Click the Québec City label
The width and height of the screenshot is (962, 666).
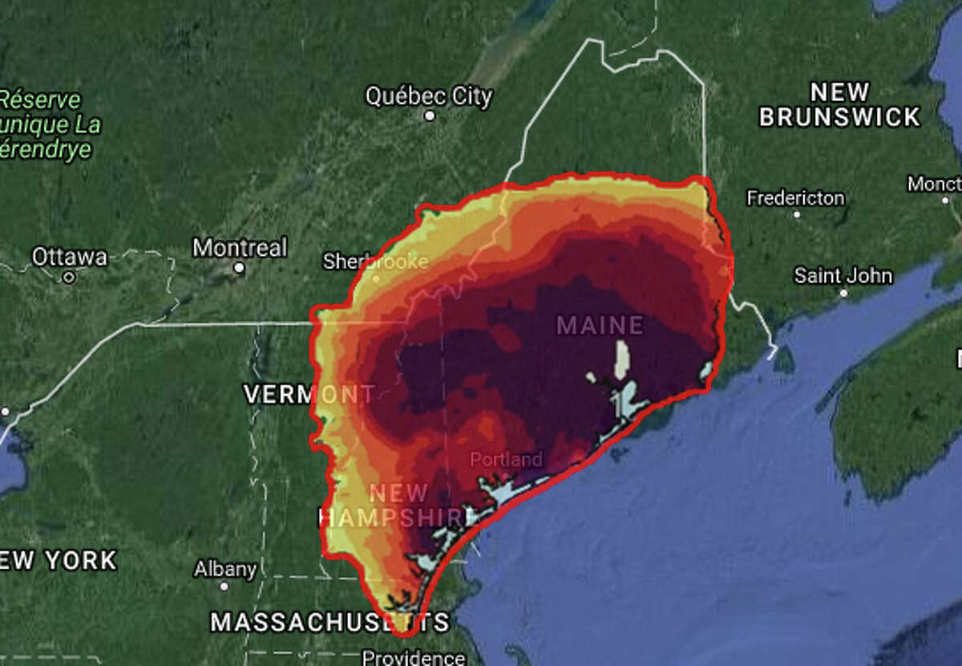429,96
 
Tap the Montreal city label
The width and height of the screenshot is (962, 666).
240,248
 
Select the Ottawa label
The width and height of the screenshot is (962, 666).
69,258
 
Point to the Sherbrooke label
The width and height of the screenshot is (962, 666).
375,262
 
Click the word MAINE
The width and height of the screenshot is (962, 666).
600,325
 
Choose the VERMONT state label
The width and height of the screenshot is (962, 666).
309,395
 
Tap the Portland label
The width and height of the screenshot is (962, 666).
506,460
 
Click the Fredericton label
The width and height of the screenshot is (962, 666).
795,197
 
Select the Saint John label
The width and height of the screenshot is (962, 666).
843,276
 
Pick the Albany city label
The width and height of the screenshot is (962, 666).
225,570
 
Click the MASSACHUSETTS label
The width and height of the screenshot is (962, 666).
329,622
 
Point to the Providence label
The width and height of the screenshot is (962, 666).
414,658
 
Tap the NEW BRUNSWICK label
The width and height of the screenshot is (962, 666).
839,104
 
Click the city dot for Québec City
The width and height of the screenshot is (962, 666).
430,116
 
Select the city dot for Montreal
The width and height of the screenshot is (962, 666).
239,267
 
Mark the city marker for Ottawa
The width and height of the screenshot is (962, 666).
69,278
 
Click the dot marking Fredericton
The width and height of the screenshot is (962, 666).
796,215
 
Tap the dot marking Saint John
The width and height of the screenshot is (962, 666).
843,294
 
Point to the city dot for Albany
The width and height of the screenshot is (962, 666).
224,587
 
